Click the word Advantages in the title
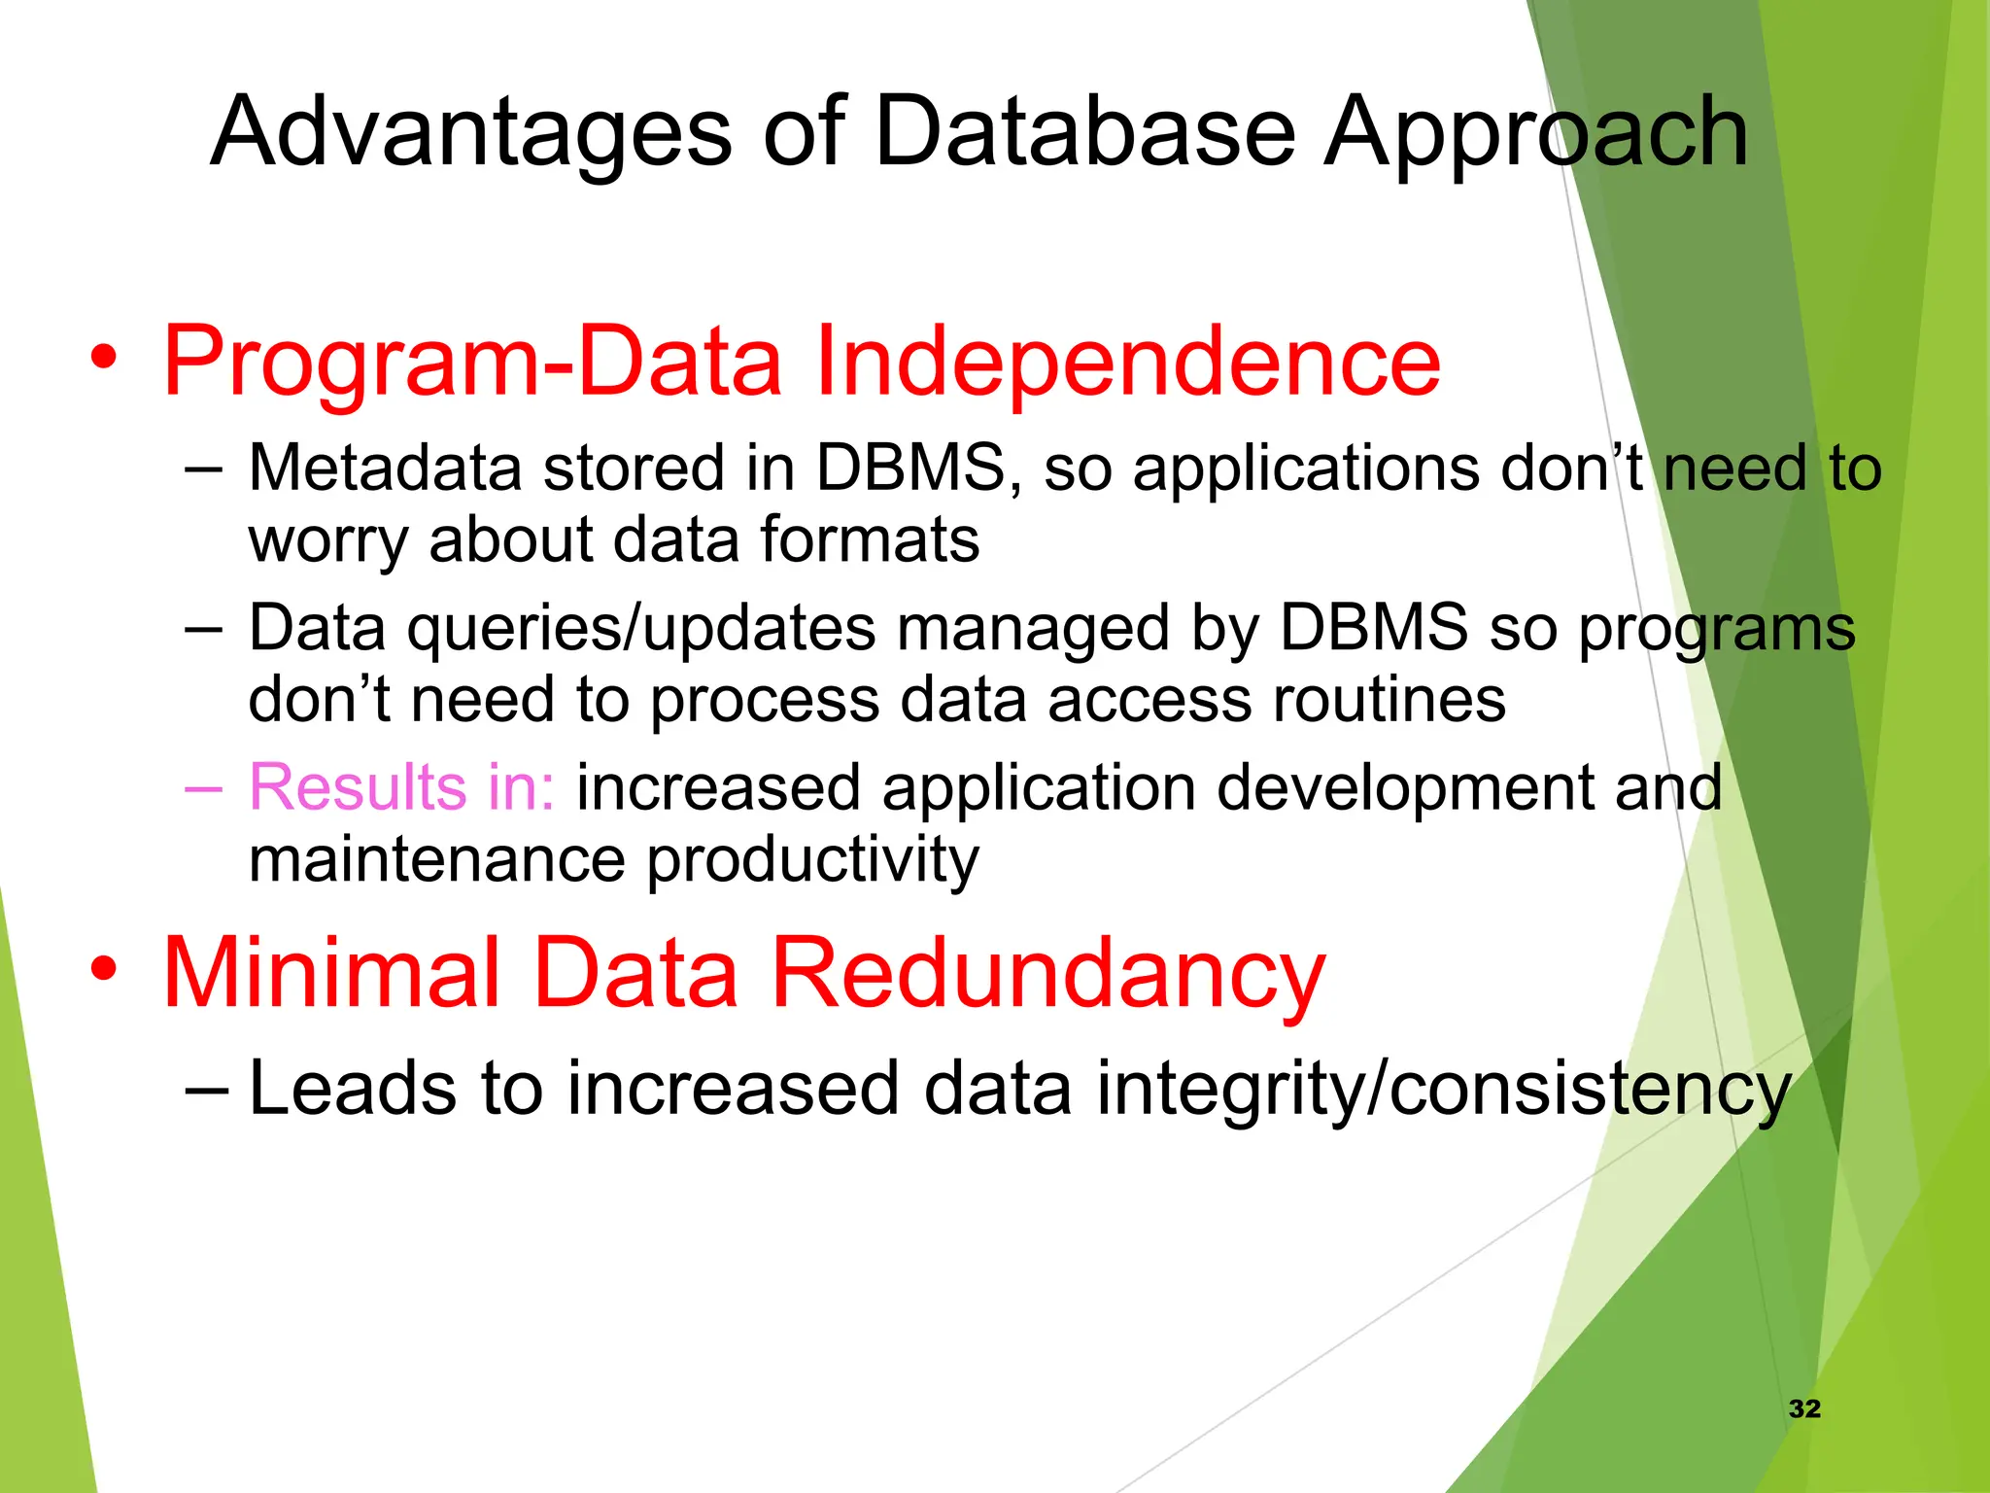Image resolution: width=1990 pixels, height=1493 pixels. tap(470, 133)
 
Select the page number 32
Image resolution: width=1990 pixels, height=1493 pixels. tap(1804, 1408)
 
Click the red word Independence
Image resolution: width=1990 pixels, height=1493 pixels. tap(1127, 361)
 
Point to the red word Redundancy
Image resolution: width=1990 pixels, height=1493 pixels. tap(1047, 973)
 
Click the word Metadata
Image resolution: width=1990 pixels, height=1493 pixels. tap(385, 469)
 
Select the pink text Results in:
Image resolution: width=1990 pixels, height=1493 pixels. tap(401, 786)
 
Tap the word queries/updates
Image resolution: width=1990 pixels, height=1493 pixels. tap(641, 628)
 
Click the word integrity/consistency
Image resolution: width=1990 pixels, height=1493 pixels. tap(1444, 1089)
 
